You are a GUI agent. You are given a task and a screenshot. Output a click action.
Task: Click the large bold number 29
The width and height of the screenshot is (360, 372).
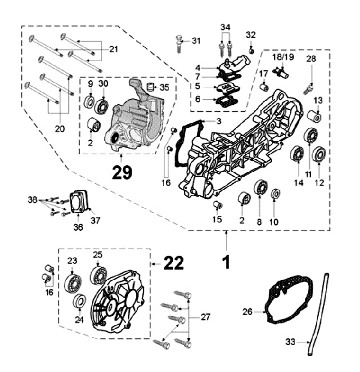[122, 172]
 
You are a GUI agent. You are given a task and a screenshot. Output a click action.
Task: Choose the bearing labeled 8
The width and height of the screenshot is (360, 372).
[260, 188]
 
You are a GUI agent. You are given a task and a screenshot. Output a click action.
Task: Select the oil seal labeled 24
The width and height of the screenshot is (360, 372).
[78, 302]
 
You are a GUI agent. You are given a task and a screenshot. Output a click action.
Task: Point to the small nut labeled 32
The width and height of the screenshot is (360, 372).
[251, 50]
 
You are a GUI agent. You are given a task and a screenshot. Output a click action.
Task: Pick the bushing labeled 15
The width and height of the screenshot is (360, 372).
[217, 205]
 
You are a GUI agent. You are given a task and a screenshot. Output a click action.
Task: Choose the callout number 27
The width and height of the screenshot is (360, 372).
[205, 317]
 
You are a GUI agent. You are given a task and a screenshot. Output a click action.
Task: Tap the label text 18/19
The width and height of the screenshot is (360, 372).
[283, 57]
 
